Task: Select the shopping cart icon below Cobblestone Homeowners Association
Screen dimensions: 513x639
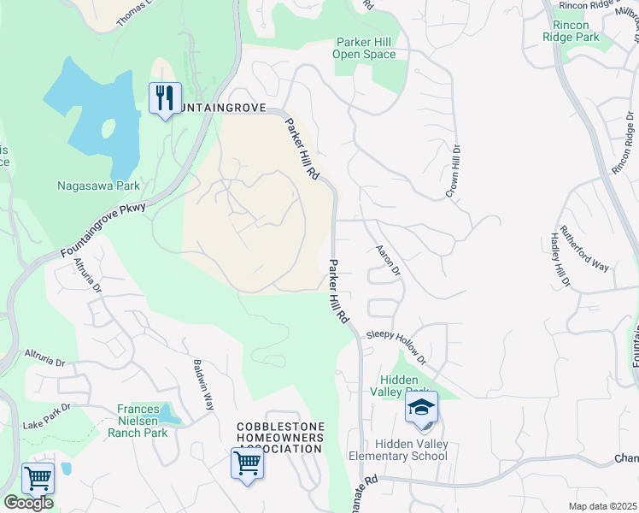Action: pyautogui.click(x=247, y=464)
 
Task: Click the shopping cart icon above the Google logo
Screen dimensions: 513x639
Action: pyautogui.click(x=38, y=479)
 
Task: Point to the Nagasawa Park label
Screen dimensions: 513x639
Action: pyautogui.click(x=98, y=186)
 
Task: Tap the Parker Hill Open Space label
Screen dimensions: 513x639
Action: pyautogui.click(x=365, y=48)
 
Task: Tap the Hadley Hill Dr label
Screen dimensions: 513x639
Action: pyautogui.click(x=560, y=261)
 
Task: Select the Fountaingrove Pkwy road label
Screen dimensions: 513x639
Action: pyautogui.click(x=104, y=230)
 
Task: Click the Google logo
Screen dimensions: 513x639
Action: pyautogui.click(x=27, y=503)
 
